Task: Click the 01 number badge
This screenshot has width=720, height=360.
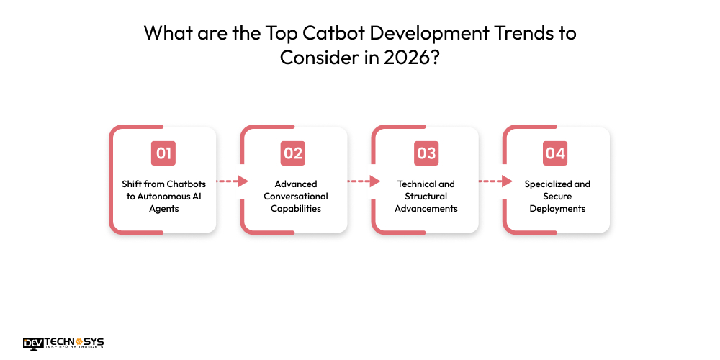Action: pos(163,153)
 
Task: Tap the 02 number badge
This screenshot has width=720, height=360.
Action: pos(293,153)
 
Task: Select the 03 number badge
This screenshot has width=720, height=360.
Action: pos(426,153)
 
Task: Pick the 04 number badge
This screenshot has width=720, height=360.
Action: pos(556,153)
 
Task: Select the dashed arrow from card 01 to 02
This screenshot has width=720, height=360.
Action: pos(232,182)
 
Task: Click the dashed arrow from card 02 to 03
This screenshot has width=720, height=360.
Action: pos(364,182)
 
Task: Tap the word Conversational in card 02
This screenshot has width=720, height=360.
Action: pos(295,196)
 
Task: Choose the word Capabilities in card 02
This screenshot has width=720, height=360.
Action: pos(295,208)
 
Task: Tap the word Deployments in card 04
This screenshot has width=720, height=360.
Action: pos(557,208)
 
